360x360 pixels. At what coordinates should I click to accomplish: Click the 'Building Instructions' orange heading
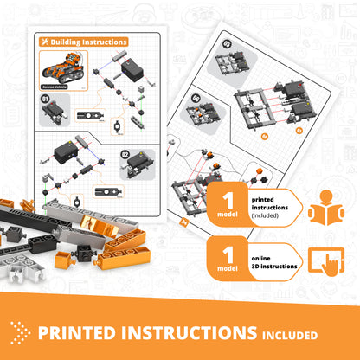pyautogui.click(x=88, y=41)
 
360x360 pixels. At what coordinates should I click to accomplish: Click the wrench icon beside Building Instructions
pyautogui.click(x=43, y=41)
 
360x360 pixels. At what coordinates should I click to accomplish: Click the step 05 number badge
pyautogui.click(x=228, y=43)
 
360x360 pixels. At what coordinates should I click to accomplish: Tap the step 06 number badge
pyautogui.click(x=196, y=98)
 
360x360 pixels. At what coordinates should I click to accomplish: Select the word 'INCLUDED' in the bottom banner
pyautogui.click(x=287, y=334)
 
